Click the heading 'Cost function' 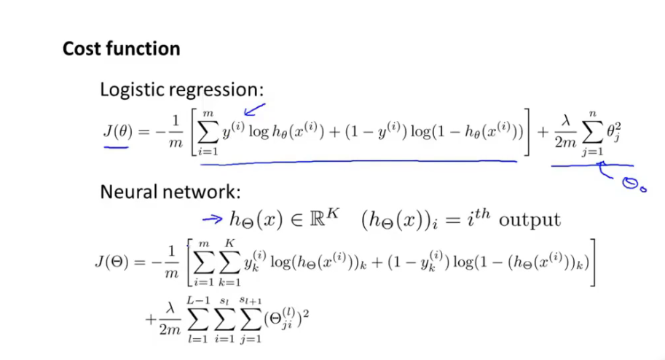(121, 49)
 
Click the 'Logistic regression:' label (181, 90)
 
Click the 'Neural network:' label (170, 192)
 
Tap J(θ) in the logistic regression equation (117, 131)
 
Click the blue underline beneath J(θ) (117, 146)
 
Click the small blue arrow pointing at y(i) (254, 111)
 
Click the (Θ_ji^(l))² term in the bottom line (285, 318)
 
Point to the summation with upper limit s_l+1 (252, 319)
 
